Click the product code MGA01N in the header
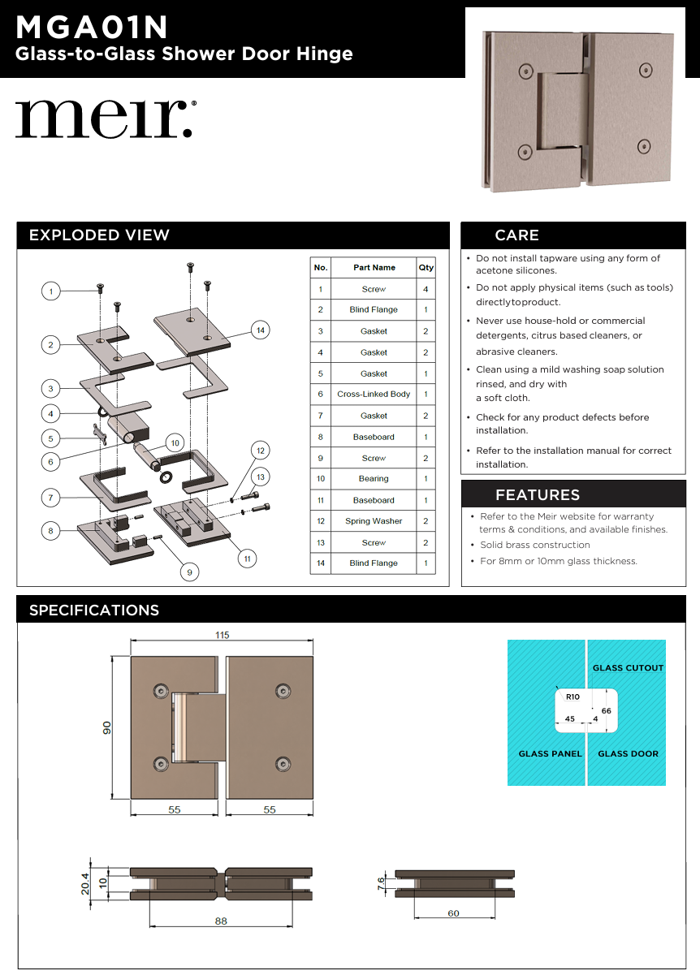click(x=92, y=28)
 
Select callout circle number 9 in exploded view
click(x=189, y=572)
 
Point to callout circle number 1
click(x=51, y=291)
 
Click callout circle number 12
click(x=261, y=450)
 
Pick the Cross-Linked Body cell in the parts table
click(x=374, y=395)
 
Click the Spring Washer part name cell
click(x=374, y=521)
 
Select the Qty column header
click(x=426, y=267)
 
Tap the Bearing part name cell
click(x=374, y=479)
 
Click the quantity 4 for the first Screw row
click(x=426, y=289)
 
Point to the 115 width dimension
click(x=222, y=636)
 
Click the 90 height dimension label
click(x=106, y=727)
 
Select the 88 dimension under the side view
click(x=221, y=921)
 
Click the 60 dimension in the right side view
click(x=453, y=913)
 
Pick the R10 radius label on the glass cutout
click(x=573, y=697)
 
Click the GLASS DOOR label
click(x=628, y=753)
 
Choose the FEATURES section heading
click(x=538, y=494)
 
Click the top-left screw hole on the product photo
click(x=525, y=70)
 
